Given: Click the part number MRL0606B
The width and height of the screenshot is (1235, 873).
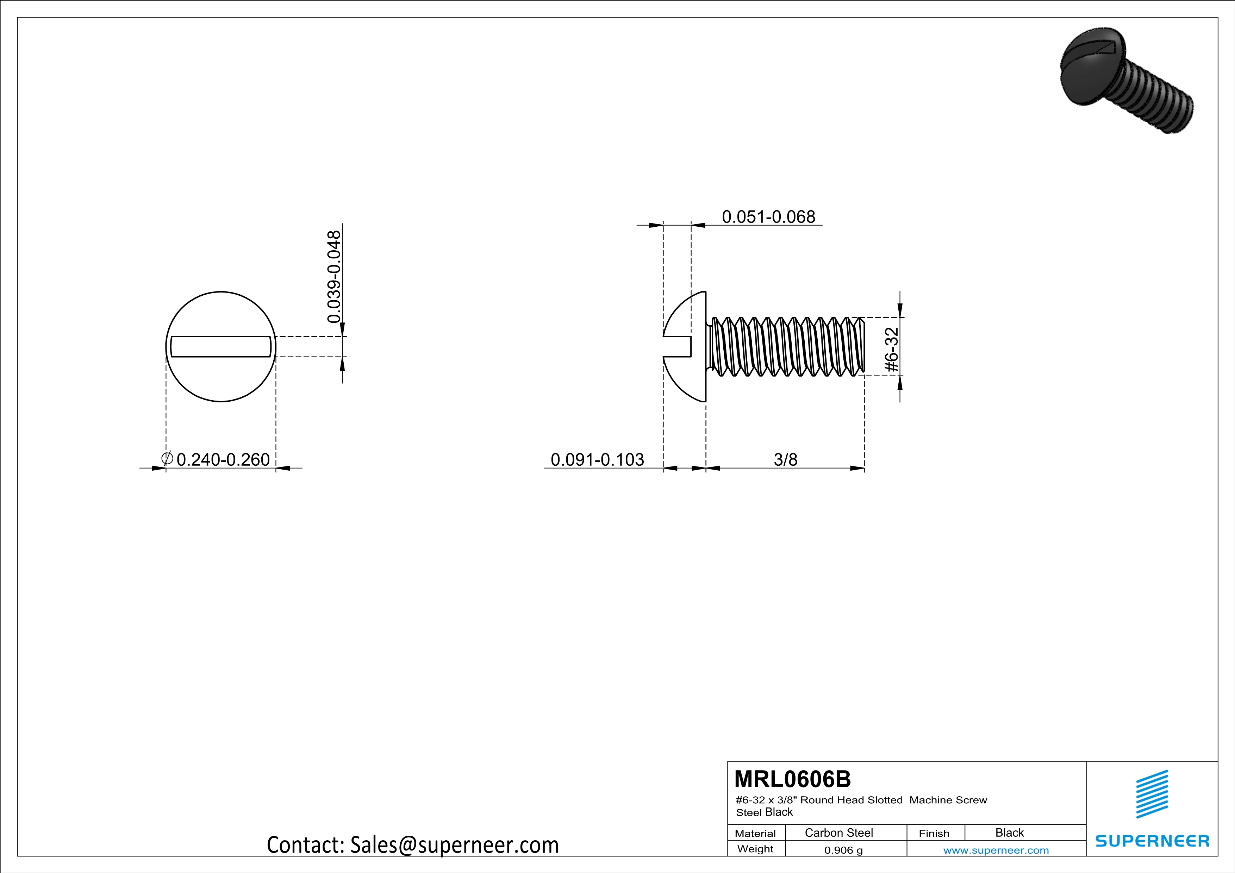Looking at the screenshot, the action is [x=792, y=779].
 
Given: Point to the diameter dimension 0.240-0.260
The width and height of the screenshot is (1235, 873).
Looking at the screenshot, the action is [x=223, y=460].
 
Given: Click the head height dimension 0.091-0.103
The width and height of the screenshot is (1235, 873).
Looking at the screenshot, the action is [x=597, y=460].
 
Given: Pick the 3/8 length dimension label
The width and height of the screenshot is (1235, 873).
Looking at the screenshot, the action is [x=785, y=460].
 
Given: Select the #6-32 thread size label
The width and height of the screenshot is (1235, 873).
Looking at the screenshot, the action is [x=892, y=350].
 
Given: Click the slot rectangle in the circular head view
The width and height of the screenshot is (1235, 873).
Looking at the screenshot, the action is [x=221, y=347].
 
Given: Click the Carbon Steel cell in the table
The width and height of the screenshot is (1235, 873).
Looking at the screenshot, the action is [x=838, y=833].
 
